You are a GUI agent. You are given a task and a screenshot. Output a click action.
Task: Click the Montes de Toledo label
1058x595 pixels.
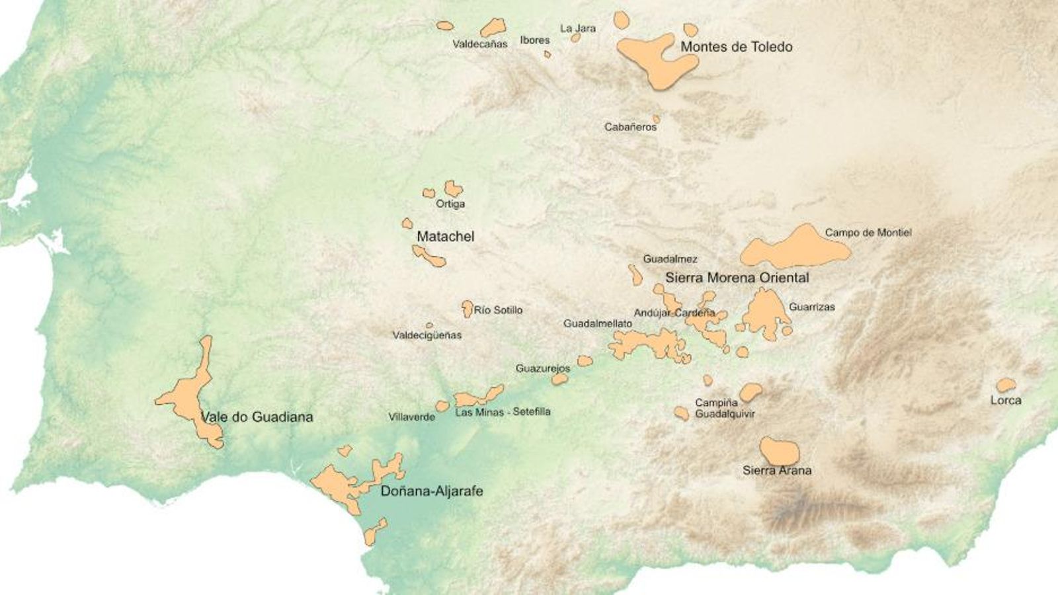click(736, 47)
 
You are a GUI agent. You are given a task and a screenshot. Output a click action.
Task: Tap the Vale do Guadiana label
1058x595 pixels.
click(257, 416)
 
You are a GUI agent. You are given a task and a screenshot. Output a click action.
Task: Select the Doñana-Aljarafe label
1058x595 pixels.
click(432, 491)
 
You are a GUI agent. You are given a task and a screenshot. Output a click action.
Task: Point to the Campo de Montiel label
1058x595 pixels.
click(868, 233)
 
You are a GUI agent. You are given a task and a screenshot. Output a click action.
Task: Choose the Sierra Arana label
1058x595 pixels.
click(777, 471)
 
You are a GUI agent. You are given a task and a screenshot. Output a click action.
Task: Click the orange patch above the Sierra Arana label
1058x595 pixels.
click(779, 451)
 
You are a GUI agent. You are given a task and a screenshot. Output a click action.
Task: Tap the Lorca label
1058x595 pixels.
click(1005, 401)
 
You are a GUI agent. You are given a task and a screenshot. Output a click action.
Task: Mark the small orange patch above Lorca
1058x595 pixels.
click(1005, 384)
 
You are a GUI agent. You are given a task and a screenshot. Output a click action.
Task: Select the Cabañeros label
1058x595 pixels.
click(630, 127)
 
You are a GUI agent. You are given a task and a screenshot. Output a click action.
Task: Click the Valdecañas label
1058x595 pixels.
click(480, 44)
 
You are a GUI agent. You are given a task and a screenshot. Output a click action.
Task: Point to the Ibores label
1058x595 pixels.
click(534, 40)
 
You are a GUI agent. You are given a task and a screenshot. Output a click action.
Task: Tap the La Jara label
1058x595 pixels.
click(577, 28)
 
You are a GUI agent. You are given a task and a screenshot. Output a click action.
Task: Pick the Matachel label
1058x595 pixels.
click(445, 237)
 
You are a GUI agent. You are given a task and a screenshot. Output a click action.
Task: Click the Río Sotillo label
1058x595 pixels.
click(498, 310)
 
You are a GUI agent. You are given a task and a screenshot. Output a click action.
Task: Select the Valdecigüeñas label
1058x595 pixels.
click(427, 335)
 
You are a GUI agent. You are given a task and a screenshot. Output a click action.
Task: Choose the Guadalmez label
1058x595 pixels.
click(670, 259)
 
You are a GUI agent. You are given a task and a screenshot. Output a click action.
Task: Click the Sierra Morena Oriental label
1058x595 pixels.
click(737, 278)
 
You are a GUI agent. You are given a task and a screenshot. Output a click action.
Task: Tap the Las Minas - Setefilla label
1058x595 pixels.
click(503, 412)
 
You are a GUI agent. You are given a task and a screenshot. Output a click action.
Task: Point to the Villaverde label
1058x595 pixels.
click(411, 417)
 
